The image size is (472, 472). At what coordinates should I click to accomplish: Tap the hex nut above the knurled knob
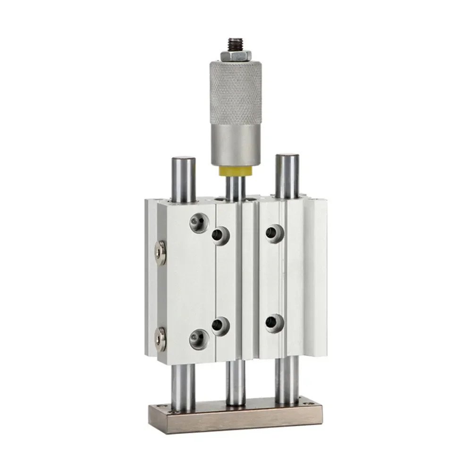234,57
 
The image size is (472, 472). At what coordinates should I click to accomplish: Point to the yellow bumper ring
234,171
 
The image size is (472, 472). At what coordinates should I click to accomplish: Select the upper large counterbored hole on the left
198,222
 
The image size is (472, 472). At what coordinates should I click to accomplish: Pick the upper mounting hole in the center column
220,234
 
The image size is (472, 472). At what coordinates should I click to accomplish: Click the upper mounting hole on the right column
274,232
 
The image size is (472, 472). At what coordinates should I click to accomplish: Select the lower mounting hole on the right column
274,323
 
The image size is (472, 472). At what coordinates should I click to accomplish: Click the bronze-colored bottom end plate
236,417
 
